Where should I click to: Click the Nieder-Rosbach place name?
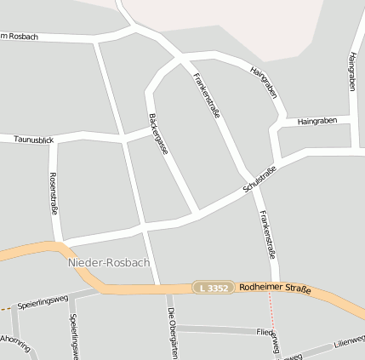pyautogui.click(x=108, y=262)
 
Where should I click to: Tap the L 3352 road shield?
pyautogui.click(x=210, y=289)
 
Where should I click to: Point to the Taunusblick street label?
pyautogui.click(x=34, y=138)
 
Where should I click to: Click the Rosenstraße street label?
pyautogui.click(x=54, y=193)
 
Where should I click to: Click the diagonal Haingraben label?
pyautogui.click(x=264, y=82)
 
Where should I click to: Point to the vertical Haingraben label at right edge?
pyautogui.click(x=352, y=71)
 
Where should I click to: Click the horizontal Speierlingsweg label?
pyautogui.click(x=42, y=301)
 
